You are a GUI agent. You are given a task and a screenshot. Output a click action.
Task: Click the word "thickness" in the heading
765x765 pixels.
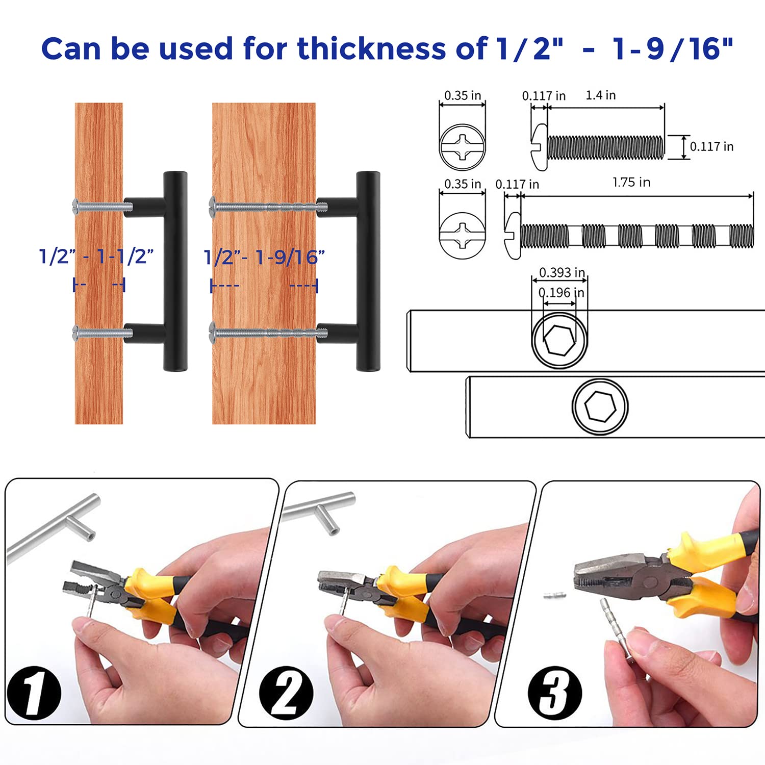[372, 48]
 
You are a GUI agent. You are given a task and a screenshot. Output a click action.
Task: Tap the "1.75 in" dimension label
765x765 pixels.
[631, 182]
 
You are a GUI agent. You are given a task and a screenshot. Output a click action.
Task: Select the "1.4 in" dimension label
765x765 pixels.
[600, 95]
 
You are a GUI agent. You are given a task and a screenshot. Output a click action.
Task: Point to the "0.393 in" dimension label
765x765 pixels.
[562, 272]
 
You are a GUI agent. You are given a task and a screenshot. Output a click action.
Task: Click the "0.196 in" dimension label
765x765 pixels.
[562, 292]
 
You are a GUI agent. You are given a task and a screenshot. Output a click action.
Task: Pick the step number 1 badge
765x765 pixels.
[34, 693]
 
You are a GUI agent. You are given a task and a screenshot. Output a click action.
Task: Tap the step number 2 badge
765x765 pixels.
[287, 693]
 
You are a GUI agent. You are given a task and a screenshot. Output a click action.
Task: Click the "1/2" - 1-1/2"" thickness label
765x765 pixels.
[96, 256]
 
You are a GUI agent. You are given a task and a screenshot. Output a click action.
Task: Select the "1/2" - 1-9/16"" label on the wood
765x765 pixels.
[264, 257]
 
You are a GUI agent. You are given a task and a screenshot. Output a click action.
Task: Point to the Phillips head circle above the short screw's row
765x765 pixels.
[462, 146]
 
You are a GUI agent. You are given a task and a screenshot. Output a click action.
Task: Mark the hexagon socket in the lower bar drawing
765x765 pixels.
[600, 407]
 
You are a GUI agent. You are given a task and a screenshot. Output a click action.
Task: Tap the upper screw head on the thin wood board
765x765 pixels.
[77, 206]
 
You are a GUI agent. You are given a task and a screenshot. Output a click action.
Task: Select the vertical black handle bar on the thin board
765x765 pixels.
[175, 271]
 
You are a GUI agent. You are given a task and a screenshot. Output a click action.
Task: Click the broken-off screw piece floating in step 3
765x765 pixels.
[554, 595]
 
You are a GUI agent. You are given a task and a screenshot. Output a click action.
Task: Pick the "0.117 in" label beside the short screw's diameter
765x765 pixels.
[712, 146]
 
